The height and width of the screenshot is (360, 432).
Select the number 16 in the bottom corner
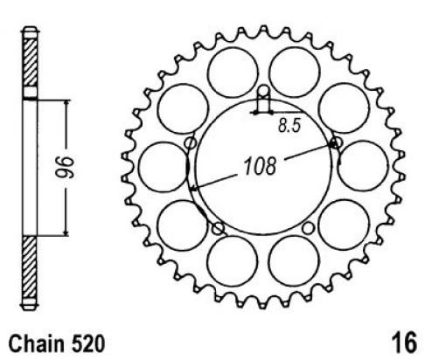(404, 343)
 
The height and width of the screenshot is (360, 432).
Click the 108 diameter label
(260, 166)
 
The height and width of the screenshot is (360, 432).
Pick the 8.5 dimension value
(289, 126)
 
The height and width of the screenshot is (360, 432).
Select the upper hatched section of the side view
(30, 62)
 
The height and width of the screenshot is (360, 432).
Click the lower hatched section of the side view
(30, 267)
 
